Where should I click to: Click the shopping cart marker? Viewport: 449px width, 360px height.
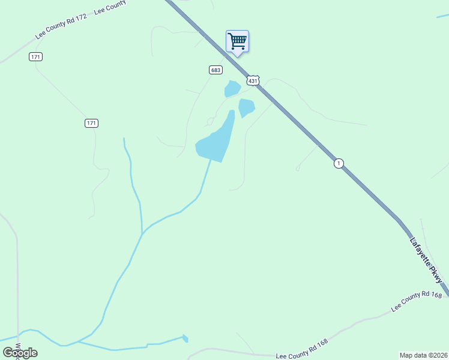237,41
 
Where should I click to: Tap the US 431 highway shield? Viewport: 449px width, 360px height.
253,80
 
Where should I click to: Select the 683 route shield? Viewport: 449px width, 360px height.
215,70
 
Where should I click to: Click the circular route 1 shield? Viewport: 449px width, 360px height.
339,163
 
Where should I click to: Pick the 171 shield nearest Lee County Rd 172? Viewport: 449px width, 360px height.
35,56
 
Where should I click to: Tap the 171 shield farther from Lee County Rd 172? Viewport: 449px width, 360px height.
91,123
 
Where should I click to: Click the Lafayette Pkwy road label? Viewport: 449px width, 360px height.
427,260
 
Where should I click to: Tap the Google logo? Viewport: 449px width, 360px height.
20,353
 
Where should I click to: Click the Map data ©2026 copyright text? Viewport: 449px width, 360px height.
423,355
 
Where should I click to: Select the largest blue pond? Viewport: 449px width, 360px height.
214,142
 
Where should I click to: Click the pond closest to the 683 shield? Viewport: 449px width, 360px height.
232,89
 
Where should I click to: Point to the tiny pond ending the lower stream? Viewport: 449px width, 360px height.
185,338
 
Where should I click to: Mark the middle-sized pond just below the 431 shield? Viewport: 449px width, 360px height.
246,108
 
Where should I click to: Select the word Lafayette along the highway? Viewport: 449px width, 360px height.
420,251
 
